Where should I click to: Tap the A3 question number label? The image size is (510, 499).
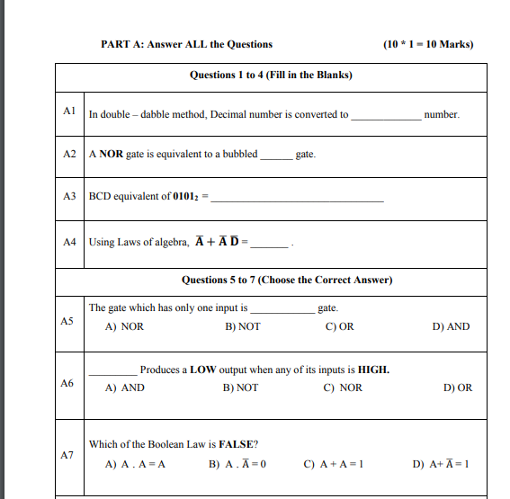[69, 195]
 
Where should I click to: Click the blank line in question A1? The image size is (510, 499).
[385, 117]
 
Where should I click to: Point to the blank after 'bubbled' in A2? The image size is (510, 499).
[275, 156]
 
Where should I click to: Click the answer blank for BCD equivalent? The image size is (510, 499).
[297, 198]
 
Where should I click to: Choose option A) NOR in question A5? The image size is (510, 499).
[124, 326]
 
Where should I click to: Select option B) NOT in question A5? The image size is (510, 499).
[243, 326]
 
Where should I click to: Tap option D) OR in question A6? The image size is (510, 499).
[458, 388]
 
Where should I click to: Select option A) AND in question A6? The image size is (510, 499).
[124, 388]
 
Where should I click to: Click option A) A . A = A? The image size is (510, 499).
[135, 465]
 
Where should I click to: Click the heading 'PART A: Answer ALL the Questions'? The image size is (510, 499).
[186, 44]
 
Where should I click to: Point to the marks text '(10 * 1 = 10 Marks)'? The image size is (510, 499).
[427, 44]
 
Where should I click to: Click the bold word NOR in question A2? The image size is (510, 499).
[111, 154]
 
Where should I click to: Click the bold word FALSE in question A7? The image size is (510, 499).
[238, 444]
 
